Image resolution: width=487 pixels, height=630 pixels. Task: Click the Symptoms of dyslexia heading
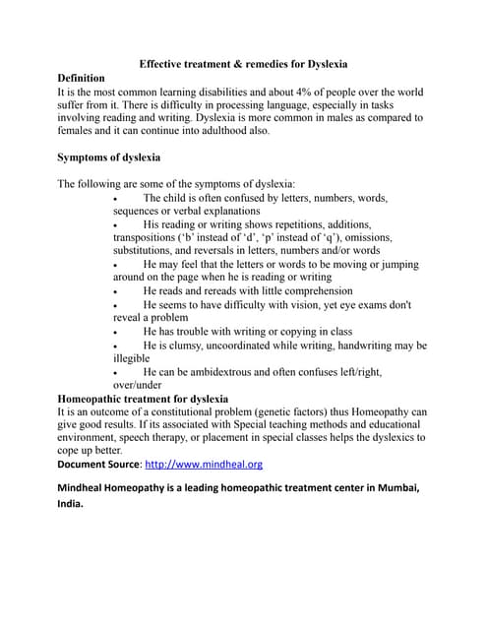point(109,157)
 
